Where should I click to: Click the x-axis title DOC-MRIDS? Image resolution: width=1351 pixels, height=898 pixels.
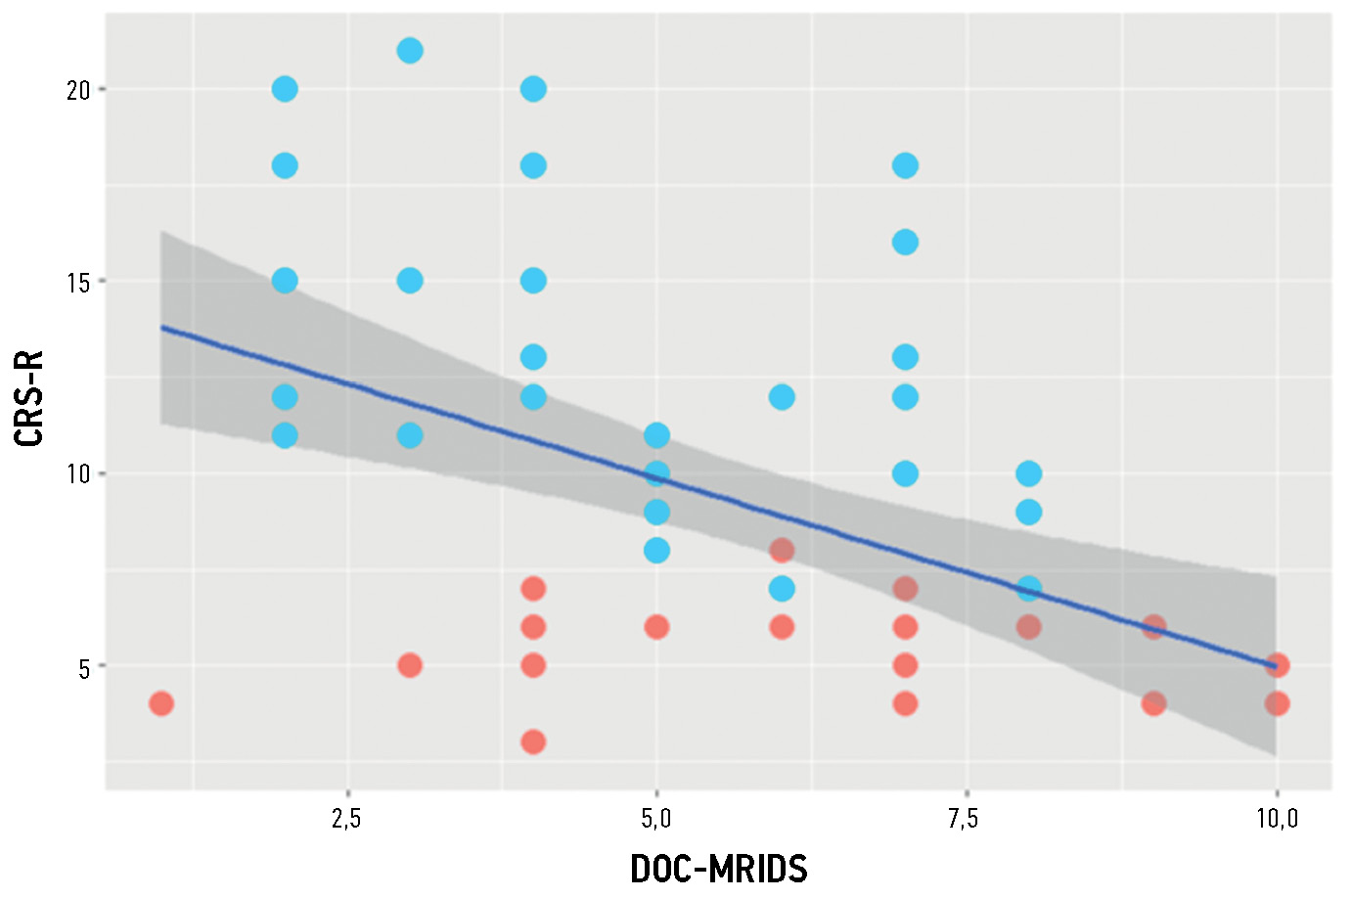tap(719, 869)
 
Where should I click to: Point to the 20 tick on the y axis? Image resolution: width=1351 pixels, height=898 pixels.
tap(78, 90)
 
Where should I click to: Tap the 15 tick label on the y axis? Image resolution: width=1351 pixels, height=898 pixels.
tap(78, 282)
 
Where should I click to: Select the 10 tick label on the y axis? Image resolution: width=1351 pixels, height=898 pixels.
tap(78, 474)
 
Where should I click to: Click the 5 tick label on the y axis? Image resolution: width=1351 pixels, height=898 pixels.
tap(84, 667)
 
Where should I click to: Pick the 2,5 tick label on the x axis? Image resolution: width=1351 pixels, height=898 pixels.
tap(346, 818)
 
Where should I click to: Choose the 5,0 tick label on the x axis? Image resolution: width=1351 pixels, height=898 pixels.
tap(656, 818)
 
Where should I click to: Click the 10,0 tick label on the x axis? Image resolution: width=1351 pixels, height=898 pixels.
tap(1277, 818)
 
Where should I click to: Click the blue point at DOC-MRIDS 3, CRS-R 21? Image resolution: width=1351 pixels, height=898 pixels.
tap(410, 51)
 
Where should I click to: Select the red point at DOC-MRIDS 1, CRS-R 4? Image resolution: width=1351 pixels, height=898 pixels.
tap(161, 703)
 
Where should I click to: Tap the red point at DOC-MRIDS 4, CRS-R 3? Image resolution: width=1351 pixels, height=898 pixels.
tap(533, 741)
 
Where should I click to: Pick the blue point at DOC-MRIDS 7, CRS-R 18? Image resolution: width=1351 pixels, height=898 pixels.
tap(905, 165)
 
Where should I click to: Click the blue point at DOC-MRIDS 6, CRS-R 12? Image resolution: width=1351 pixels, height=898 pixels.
tap(782, 396)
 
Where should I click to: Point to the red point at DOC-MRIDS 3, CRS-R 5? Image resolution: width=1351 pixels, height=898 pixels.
tap(410, 665)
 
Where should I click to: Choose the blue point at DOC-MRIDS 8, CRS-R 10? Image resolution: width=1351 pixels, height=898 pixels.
tap(1028, 473)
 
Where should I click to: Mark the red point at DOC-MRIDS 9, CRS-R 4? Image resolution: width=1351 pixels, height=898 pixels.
tap(1153, 703)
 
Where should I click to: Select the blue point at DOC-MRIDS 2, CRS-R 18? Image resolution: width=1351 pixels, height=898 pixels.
tap(285, 165)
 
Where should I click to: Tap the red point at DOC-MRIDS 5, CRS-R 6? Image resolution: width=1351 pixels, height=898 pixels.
tap(656, 627)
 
